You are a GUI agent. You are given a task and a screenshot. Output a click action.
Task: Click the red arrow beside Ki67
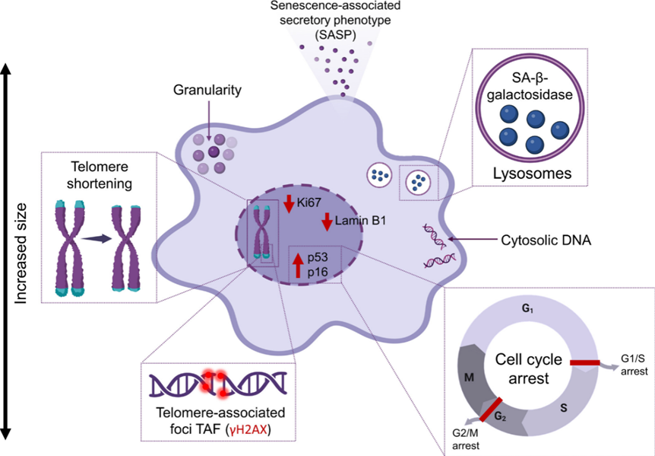tap(288, 205)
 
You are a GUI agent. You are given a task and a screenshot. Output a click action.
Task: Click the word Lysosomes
tap(532, 174)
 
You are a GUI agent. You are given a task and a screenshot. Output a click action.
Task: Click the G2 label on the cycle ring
tap(498, 416)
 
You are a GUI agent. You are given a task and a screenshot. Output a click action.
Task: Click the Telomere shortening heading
tap(99, 174)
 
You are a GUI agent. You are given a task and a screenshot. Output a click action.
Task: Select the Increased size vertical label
tap(22, 251)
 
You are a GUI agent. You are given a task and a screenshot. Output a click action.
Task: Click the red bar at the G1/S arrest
tap(586, 363)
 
